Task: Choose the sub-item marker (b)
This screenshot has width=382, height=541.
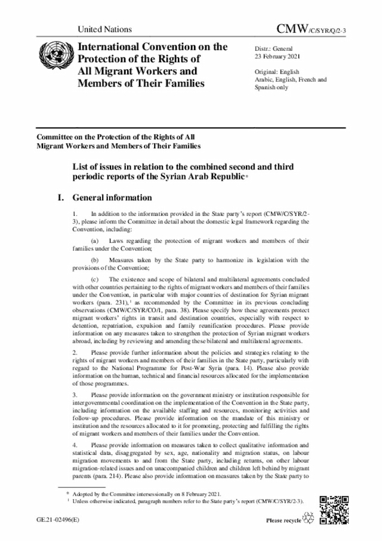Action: (x=94, y=260)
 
